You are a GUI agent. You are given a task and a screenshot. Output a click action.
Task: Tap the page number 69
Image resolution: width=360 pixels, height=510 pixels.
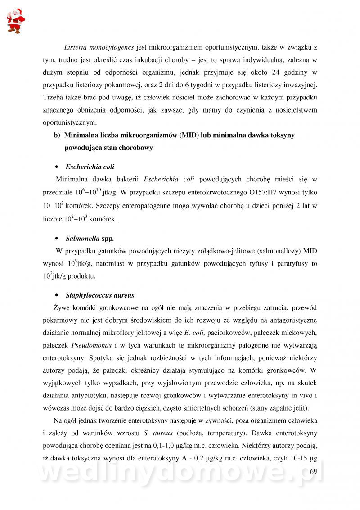(314, 471)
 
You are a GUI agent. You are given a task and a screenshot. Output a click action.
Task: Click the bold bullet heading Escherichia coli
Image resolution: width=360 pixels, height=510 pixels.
(90, 167)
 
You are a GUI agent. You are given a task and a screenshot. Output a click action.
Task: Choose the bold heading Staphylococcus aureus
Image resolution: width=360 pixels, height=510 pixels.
(100, 296)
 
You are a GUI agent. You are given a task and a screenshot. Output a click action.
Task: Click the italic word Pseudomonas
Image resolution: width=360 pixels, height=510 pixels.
(90, 345)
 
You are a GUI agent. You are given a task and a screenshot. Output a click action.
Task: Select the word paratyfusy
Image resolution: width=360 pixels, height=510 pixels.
(291, 263)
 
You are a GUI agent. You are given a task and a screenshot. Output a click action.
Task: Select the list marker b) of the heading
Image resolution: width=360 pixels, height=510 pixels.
(57, 135)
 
